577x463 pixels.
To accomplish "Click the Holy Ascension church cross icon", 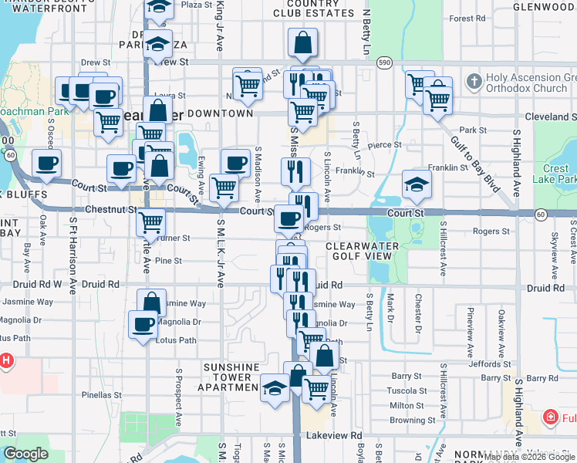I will [x=473, y=80].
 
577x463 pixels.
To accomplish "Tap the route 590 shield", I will [x=384, y=62].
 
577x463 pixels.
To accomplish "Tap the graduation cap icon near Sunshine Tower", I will [x=275, y=389].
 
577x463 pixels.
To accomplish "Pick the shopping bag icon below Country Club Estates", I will [x=302, y=43].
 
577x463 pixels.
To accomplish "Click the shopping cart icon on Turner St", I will [x=150, y=222].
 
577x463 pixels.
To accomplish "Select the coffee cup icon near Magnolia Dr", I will [x=143, y=325].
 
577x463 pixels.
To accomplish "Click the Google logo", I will [x=25, y=454].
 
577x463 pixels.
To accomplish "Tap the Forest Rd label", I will [x=466, y=19].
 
